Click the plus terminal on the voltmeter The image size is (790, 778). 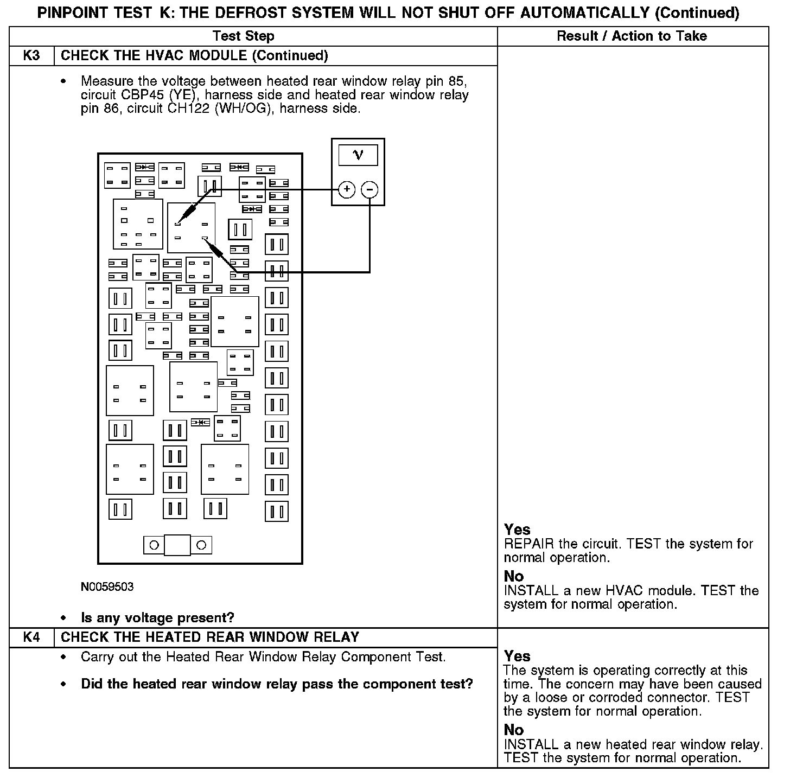346,189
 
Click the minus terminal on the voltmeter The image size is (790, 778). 369,189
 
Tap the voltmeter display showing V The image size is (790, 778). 358,155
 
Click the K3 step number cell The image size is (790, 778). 31,56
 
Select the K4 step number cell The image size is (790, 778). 31,637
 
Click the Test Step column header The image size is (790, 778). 243,36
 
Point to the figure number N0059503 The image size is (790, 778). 107,587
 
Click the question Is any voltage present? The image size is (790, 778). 157,617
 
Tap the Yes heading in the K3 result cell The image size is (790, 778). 517,530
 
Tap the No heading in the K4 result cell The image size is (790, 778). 514,730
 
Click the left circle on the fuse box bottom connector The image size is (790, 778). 154,545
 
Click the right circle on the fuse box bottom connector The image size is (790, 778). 201,545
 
